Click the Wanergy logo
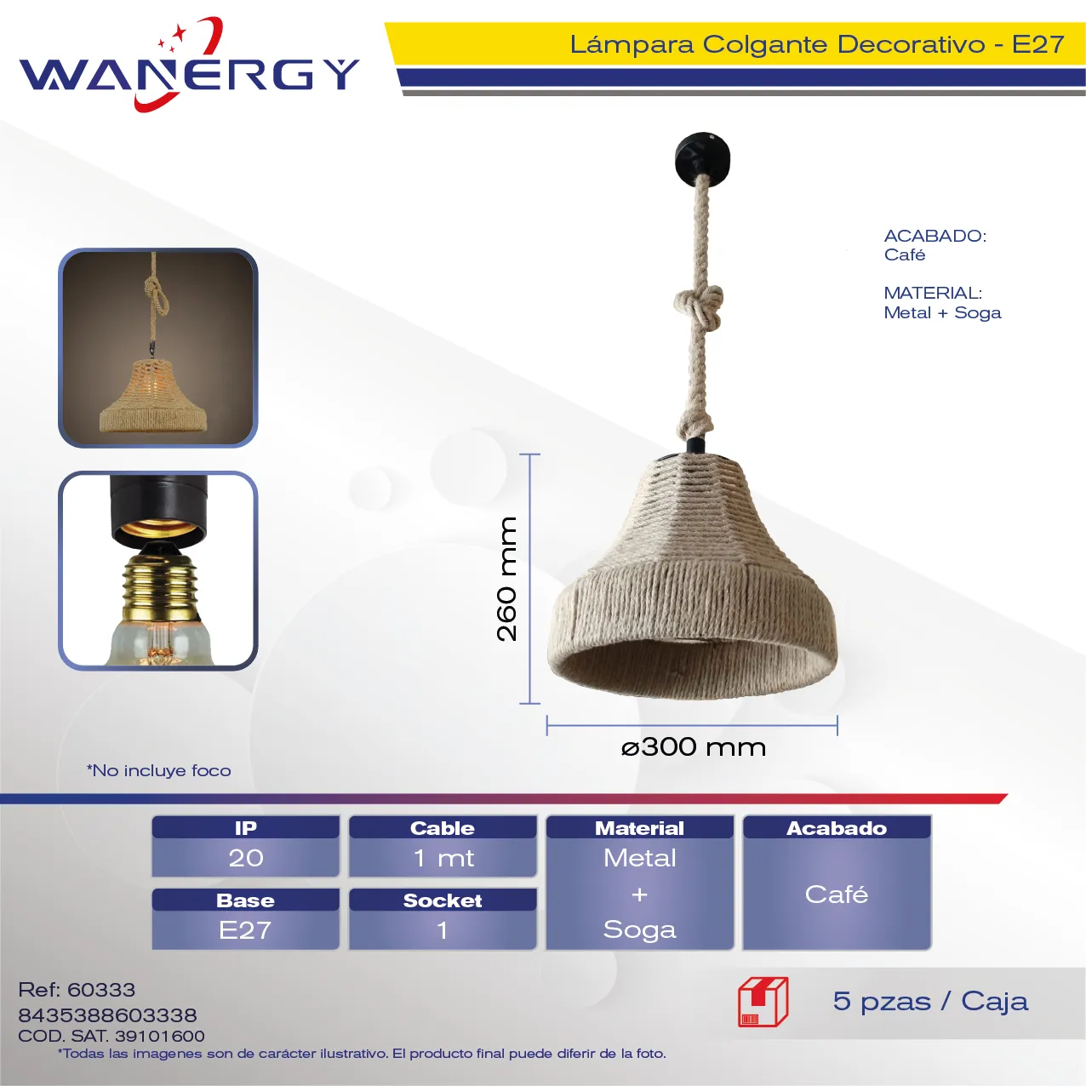[x=189, y=65]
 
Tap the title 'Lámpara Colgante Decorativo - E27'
[x=816, y=44]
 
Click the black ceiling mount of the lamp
[x=702, y=155]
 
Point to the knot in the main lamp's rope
[x=699, y=307]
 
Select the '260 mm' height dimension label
[x=506, y=579]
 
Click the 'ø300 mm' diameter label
[x=693, y=747]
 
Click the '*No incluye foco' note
[x=158, y=770]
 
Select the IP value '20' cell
[x=246, y=858]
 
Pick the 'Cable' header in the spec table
[x=443, y=828]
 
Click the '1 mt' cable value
[x=443, y=858]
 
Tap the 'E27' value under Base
[x=245, y=930]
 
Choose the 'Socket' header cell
[x=443, y=900]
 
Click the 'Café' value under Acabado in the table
[x=837, y=895]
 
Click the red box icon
[x=763, y=1002]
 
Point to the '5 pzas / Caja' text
[x=930, y=1002]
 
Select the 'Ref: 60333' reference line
[x=77, y=990]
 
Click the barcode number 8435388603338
[x=107, y=1015]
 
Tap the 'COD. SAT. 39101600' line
[x=111, y=1036]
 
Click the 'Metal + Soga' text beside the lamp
[x=942, y=313]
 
